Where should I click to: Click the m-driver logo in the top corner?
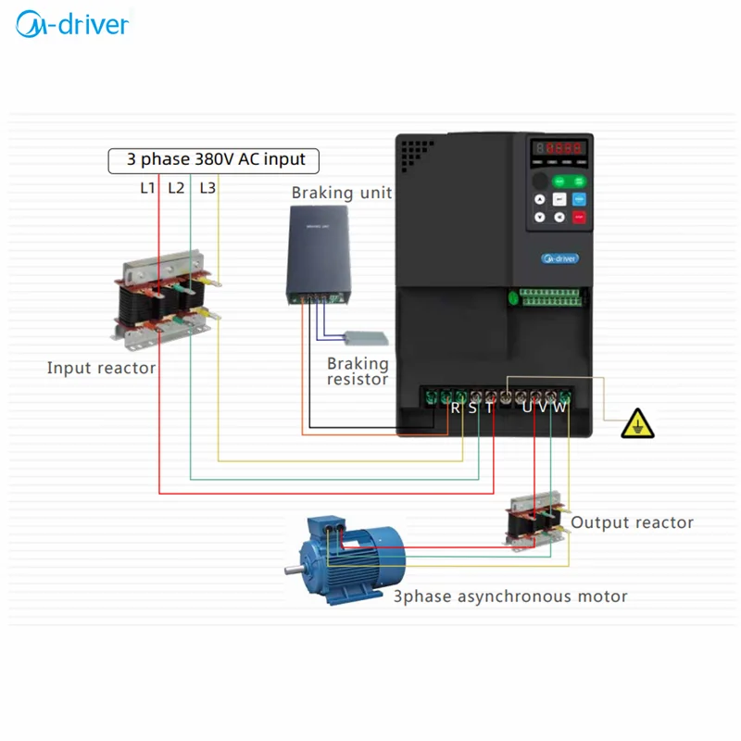[x=72, y=24]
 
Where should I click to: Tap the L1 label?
[x=146, y=187]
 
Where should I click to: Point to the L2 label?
[x=176, y=187]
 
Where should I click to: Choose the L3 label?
[x=207, y=187]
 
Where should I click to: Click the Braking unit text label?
[x=341, y=193]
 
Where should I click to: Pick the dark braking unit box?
[x=318, y=253]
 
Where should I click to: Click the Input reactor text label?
[x=101, y=368]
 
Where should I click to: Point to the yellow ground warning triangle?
[x=636, y=424]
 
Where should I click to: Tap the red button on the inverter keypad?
[x=580, y=219]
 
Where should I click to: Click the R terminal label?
[x=456, y=408]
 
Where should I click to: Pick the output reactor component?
[x=534, y=524]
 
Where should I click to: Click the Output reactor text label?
[x=632, y=522]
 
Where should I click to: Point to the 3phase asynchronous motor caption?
[x=510, y=597]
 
